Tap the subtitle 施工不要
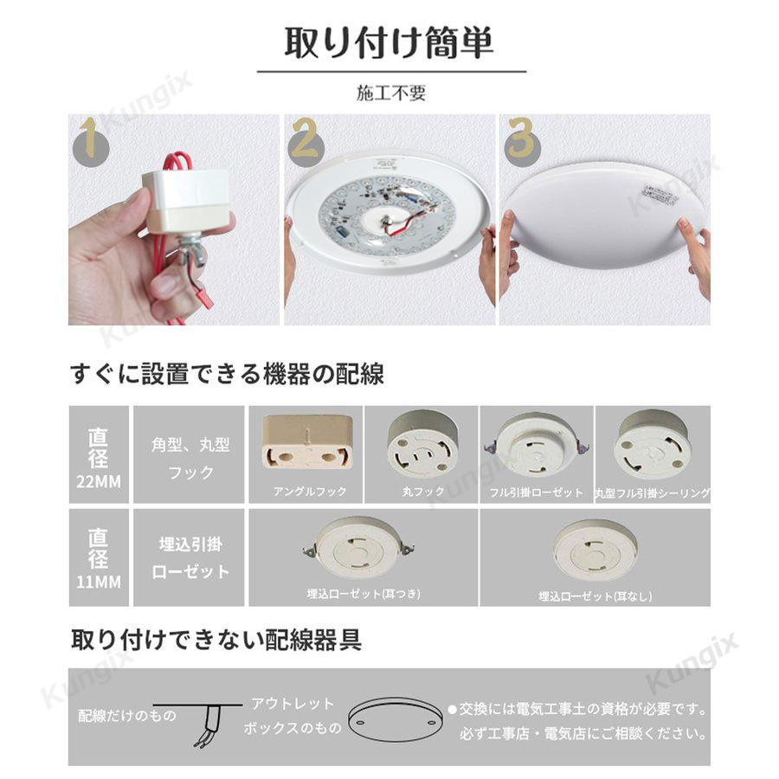pyautogui.click(x=391, y=93)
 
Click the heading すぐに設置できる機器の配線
pyautogui.click(x=227, y=375)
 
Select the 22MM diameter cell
pyautogui.click(x=99, y=454)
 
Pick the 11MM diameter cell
pyautogui.click(x=99, y=557)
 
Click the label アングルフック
pyautogui.click(x=305, y=491)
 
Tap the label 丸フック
pyautogui.click(x=422, y=491)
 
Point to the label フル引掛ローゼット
pyautogui.click(x=536, y=491)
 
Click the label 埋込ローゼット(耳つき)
pyautogui.click(x=364, y=595)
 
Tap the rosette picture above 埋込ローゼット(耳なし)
pyautogui.click(x=596, y=549)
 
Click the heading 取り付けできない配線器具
pyautogui.click(x=216, y=641)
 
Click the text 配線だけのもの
pyautogui.click(x=127, y=716)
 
